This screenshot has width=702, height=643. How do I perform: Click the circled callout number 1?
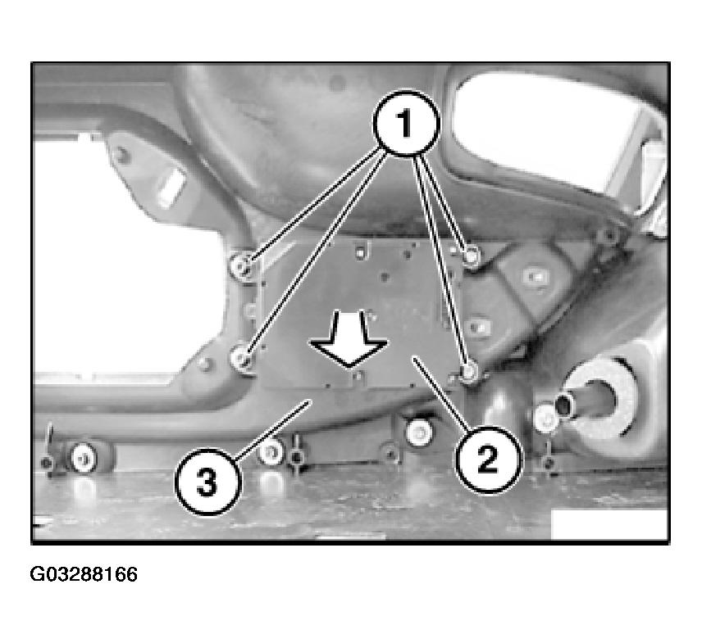click(x=406, y=124)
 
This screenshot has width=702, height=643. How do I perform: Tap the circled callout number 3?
click(x=207, y=482)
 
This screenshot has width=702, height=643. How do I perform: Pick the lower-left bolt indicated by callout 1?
click(x=242, y=358)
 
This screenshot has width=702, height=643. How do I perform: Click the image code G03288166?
click(x=84, y=574)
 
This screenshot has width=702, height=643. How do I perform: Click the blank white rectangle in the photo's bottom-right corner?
click(x=609, y=524)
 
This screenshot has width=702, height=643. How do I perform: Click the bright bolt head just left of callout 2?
click(x=420, y=432)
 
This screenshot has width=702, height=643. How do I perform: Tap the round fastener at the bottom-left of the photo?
click(x=84, y=458)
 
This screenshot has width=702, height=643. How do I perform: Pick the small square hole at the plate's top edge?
click(x=360, y=253)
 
